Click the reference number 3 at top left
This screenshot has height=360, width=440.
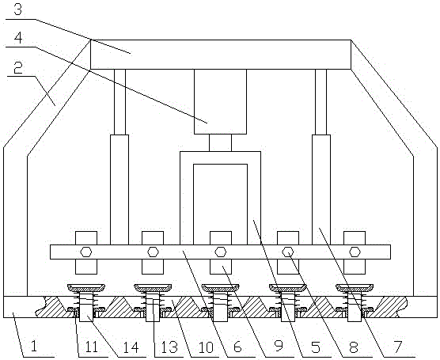click(x=17, y=9)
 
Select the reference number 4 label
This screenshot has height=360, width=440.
click(x=18, y=38)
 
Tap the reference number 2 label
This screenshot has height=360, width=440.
click(x=18, y=68)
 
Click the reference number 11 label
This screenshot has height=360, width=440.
click(x=92, y=347)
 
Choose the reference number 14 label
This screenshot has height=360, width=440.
click(x=131, y=347)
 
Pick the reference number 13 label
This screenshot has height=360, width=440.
click(x=169, y=347)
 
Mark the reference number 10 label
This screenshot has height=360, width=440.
click(x=206, y=347)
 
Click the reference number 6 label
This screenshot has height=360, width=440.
click(x=237, y=347)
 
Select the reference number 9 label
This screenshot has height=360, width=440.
click(x=279, y=347)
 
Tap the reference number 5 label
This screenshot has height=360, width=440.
click(x=316, y=347)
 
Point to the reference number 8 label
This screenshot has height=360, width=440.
click(x=354, y=347)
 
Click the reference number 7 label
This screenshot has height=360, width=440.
click(x=397, y=347)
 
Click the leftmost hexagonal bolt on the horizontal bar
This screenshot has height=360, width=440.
click(x=86, y=252)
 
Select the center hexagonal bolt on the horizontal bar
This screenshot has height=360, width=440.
click(x=221, y=252)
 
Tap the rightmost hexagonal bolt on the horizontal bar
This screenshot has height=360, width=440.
click(x=355, y=252)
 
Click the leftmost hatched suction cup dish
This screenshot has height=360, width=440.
click(x=86, y=288)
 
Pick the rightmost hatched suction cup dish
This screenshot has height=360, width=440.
click(x=355, y=288)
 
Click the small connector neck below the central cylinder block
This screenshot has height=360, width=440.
click(x=220, y=143)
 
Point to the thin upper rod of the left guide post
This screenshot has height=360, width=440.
click(x=119, y=102)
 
